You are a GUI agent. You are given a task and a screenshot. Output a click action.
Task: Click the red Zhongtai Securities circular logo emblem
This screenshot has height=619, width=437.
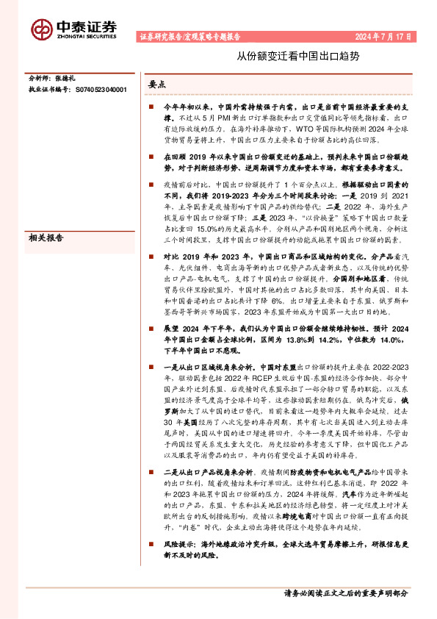[x=42, y=29]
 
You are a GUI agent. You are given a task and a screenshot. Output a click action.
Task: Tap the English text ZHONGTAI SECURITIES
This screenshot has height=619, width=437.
[x=86, y=34]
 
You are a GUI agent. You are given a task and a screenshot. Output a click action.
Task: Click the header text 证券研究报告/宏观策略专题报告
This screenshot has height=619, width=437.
[x=189, y=35]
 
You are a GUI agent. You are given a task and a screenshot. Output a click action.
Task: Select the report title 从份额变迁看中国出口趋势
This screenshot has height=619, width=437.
[x=297, y=56]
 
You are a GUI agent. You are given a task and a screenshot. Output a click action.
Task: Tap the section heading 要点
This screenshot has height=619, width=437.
[x=157, y=85]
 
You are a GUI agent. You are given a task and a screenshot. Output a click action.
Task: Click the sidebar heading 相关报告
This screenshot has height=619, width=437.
[x=46, y=238]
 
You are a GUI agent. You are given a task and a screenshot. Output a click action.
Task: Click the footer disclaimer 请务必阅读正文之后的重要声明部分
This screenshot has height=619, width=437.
[x=345, y=593]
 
